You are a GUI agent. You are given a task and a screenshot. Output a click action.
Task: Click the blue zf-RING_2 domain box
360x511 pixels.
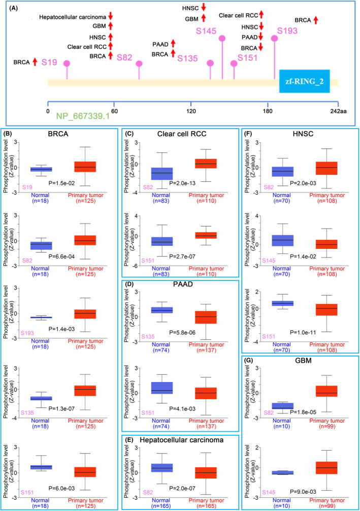[305, 82]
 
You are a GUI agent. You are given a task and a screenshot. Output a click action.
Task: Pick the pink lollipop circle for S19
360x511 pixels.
[66, 63]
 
